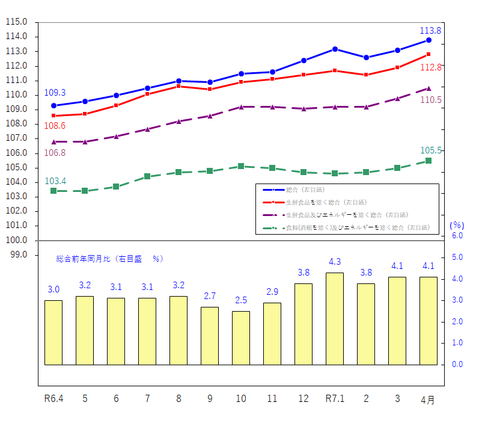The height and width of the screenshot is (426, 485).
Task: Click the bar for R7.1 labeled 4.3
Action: click(335, 319)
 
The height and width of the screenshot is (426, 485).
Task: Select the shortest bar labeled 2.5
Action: click(241, 338)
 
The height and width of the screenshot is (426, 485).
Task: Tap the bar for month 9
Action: click(210, 336)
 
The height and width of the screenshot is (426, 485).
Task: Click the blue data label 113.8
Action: click(430, 31)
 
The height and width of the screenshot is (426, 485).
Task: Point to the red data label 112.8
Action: click(432, 67)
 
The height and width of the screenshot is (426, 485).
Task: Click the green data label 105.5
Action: click(431, 150)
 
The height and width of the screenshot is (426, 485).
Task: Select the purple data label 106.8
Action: click(55, 153)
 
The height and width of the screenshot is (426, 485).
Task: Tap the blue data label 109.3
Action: click(55, 93)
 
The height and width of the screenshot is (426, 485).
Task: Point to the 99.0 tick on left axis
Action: click(18, 255)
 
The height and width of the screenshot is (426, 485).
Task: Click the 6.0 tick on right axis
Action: click(457, 236)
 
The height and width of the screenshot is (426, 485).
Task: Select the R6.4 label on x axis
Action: click(53, 398)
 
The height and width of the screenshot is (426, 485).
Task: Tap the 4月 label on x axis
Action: click(428, 400)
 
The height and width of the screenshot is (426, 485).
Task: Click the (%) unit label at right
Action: click(457, 225)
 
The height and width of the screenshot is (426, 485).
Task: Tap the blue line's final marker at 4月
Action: click(429, 40)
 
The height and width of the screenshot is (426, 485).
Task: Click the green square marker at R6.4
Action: click(53, 191)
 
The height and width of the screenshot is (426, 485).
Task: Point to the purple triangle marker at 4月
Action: click(429, 88)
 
